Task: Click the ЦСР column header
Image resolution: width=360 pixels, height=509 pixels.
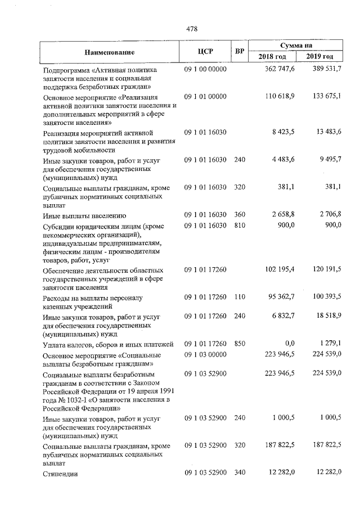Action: pos(205,52)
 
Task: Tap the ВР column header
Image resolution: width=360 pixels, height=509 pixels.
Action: pos(240,52)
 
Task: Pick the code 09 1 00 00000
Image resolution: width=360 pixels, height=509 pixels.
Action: pos(205,69)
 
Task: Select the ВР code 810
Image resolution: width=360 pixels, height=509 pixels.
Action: pos(240,225)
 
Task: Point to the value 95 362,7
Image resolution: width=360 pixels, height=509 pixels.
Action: pos(281,296)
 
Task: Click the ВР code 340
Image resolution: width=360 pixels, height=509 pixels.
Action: pos(240,472)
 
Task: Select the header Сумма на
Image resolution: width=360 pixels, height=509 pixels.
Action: pos(296,45)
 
